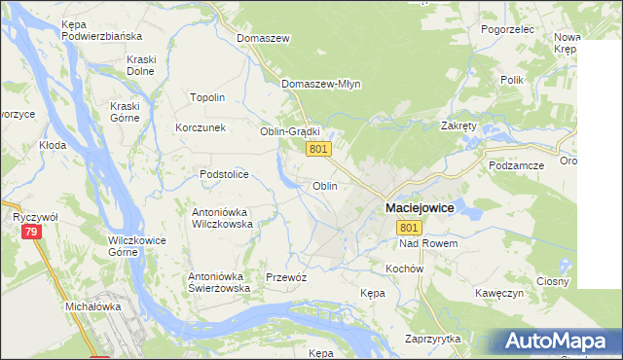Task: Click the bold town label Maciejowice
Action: (420, 208)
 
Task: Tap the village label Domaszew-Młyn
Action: (321, 84)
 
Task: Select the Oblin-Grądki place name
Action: (290, 131)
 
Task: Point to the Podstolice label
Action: (225, 174)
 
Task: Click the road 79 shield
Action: (32, 232)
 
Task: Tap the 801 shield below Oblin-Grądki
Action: (319, 149)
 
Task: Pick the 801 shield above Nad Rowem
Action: (409, 227)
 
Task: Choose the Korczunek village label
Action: (201, 127)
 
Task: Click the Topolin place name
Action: (207, 97)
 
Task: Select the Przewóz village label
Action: (286, 277)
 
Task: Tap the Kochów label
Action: (404, 268)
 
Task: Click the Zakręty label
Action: (458, 126)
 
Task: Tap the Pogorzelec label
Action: (508, 29)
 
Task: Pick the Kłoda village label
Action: (53, 145)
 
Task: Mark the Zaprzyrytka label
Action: (433, 339)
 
